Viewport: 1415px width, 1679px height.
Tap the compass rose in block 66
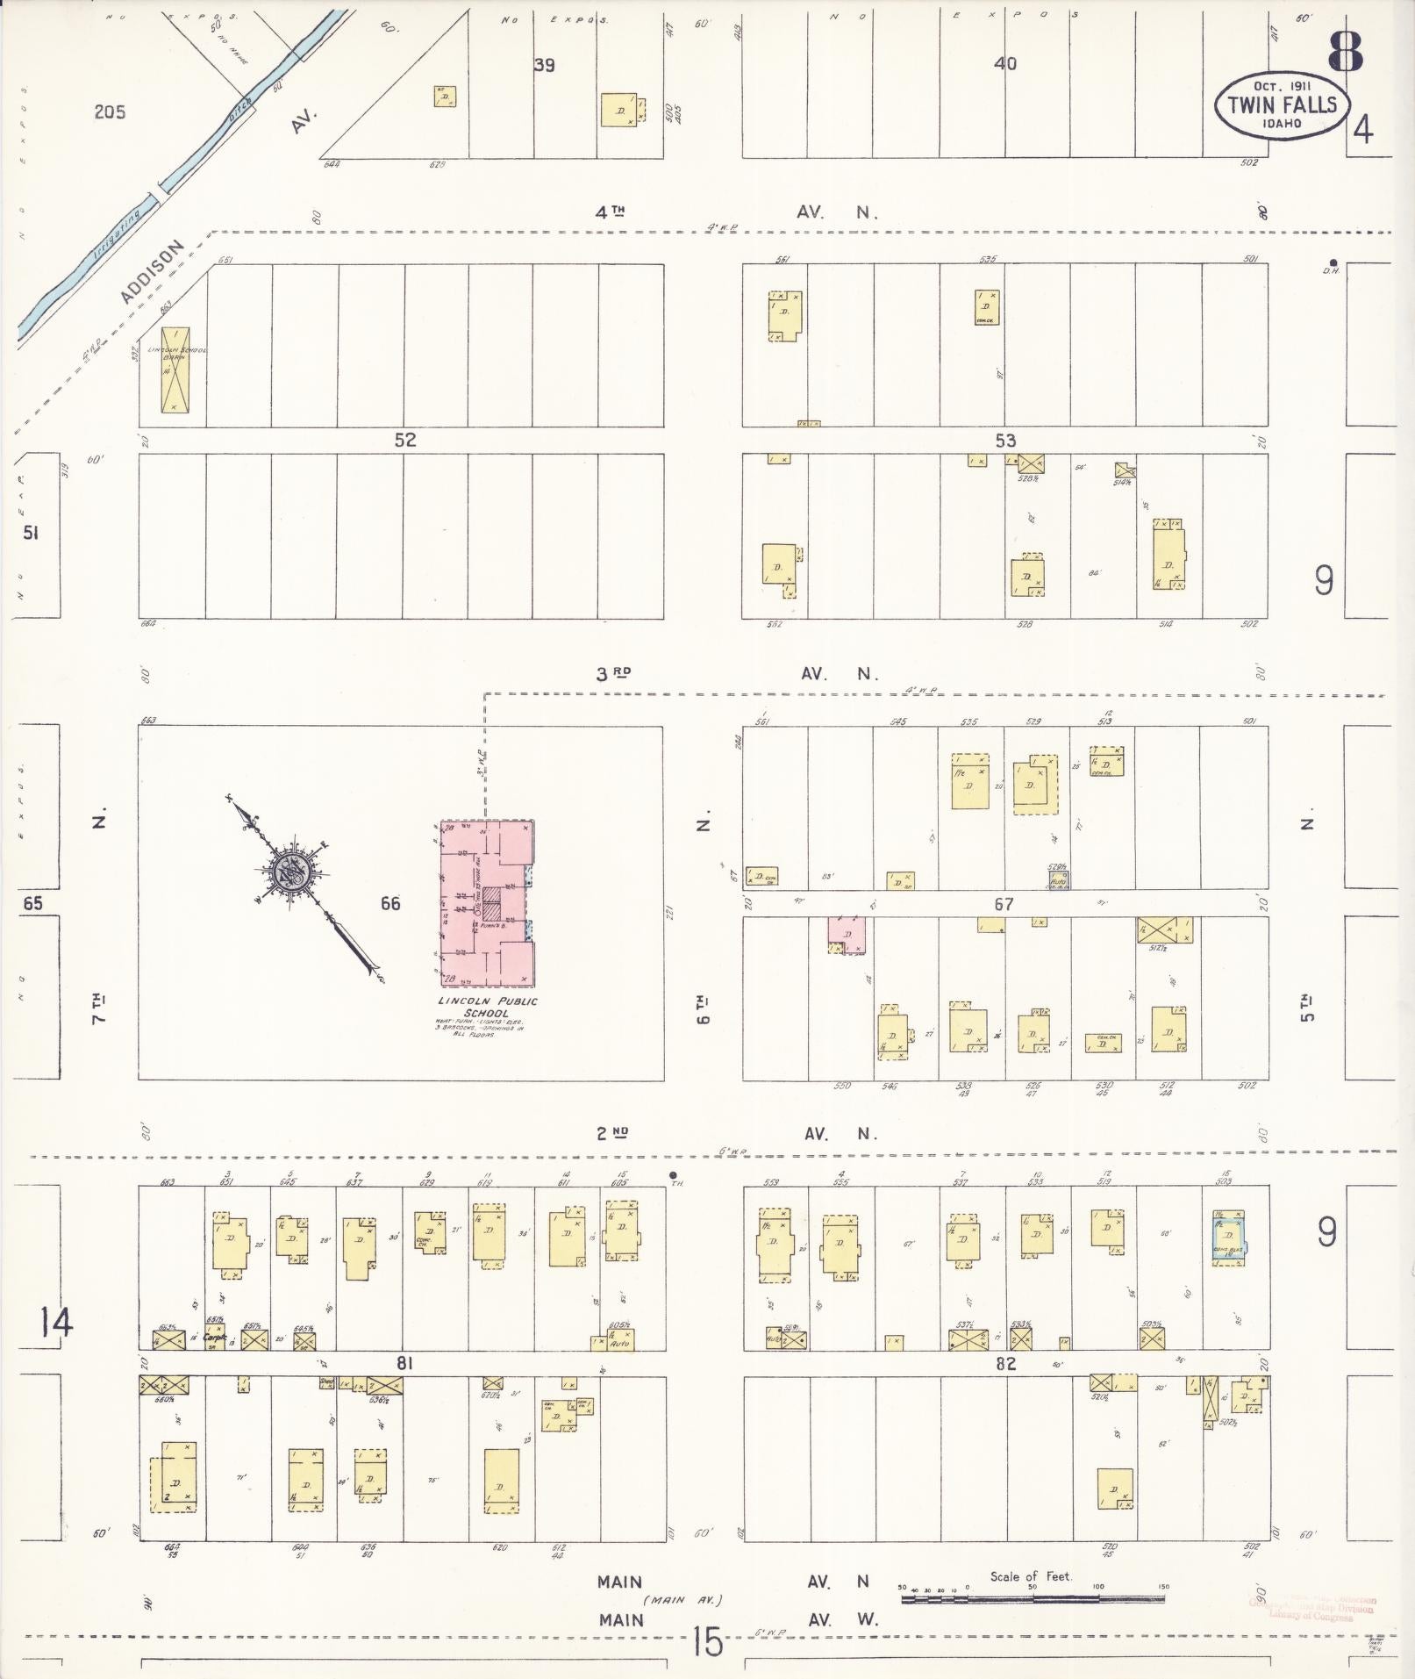tap(288, 873)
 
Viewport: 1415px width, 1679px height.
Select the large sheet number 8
tap(1344, 53)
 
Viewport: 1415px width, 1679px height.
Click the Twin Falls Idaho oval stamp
tap(1281, 105)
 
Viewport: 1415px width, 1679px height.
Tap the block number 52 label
tap(404, 440)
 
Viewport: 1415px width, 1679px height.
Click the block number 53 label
tap(1004, 441)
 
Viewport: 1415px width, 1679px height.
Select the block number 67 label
tap(1004, 904)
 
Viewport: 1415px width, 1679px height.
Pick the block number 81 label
tap(404, 1363)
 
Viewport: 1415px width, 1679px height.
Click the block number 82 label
tap(1004, 1364)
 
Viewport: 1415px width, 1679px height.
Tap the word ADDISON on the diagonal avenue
tap(153, 272)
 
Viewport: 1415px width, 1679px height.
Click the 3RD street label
tap(613, 673)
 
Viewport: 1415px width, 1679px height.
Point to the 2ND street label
tap(613, 1133)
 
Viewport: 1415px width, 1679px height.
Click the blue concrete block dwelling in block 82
tap(1226, 1237)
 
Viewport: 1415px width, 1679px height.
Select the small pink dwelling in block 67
tap(846, 934)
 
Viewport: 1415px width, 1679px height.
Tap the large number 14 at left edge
tap(55, 1323)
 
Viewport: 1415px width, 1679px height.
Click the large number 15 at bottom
tap(706, 1642)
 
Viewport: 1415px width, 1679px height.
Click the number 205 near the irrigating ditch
tap(111, 111)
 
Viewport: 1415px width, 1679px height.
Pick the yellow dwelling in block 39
tap(621, 111)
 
